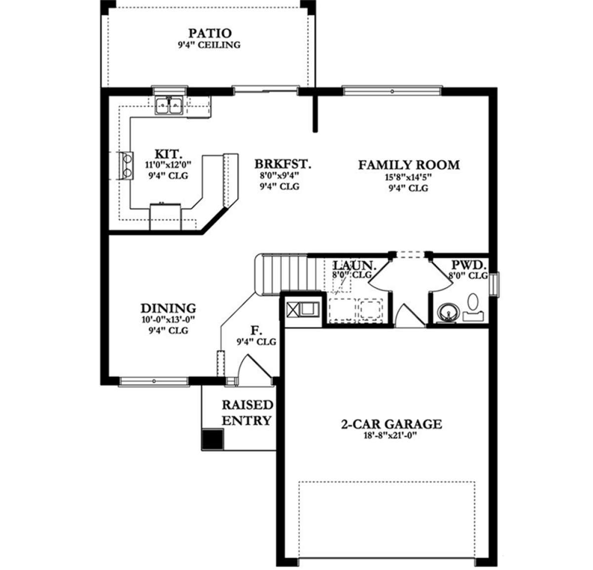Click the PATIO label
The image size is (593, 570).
pos(210,33)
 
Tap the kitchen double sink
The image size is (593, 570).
pos(169,105)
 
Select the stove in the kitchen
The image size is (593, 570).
pos(126,166)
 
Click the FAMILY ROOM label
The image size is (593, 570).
pos(409,165)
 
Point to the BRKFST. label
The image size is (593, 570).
pos(283,164)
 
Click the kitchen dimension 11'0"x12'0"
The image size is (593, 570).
pos(168,165)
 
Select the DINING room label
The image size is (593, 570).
pos(168,308)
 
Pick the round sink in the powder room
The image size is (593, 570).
pos(447,313)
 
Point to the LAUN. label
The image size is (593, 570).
pos(354,265)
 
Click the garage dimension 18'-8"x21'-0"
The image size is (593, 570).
pos(390,436)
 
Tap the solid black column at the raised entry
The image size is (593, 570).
pos(212,439)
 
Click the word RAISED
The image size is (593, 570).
pos(247,405)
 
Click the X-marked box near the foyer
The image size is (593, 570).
pos(293,309)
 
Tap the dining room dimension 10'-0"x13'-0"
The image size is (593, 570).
pos(168,320)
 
